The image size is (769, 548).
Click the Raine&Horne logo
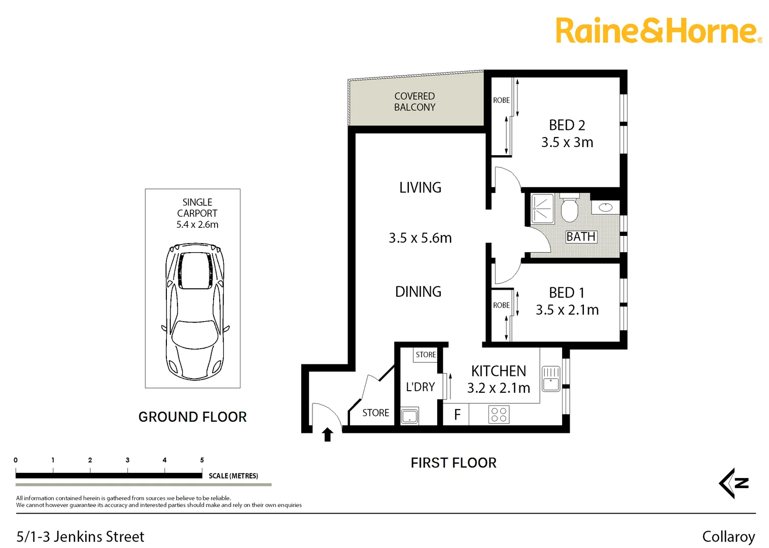[658, 31]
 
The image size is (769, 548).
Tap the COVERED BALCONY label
[414, 101]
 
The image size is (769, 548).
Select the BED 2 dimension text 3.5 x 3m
[567, 143]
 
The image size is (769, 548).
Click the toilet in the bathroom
[570, 209]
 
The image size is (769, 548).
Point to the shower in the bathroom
[542, 209]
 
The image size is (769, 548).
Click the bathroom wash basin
[606, 207]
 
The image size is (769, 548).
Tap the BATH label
[581, 237]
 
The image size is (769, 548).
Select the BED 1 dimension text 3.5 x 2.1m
[567, 310]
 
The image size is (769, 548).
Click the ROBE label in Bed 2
[501, 100]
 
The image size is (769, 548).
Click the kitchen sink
[551, 379]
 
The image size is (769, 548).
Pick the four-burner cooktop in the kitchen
[499, 415]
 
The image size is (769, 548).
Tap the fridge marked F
[457, 415]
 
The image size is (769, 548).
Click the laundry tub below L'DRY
[409, 416]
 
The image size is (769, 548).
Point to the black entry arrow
[328, 434]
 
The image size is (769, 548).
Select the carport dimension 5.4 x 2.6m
[197, 225]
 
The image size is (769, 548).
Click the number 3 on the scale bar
[127, 460]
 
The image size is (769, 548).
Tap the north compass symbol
[734, 483]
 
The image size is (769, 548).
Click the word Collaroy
[728, 537]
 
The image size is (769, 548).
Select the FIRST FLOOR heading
[453, 463]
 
